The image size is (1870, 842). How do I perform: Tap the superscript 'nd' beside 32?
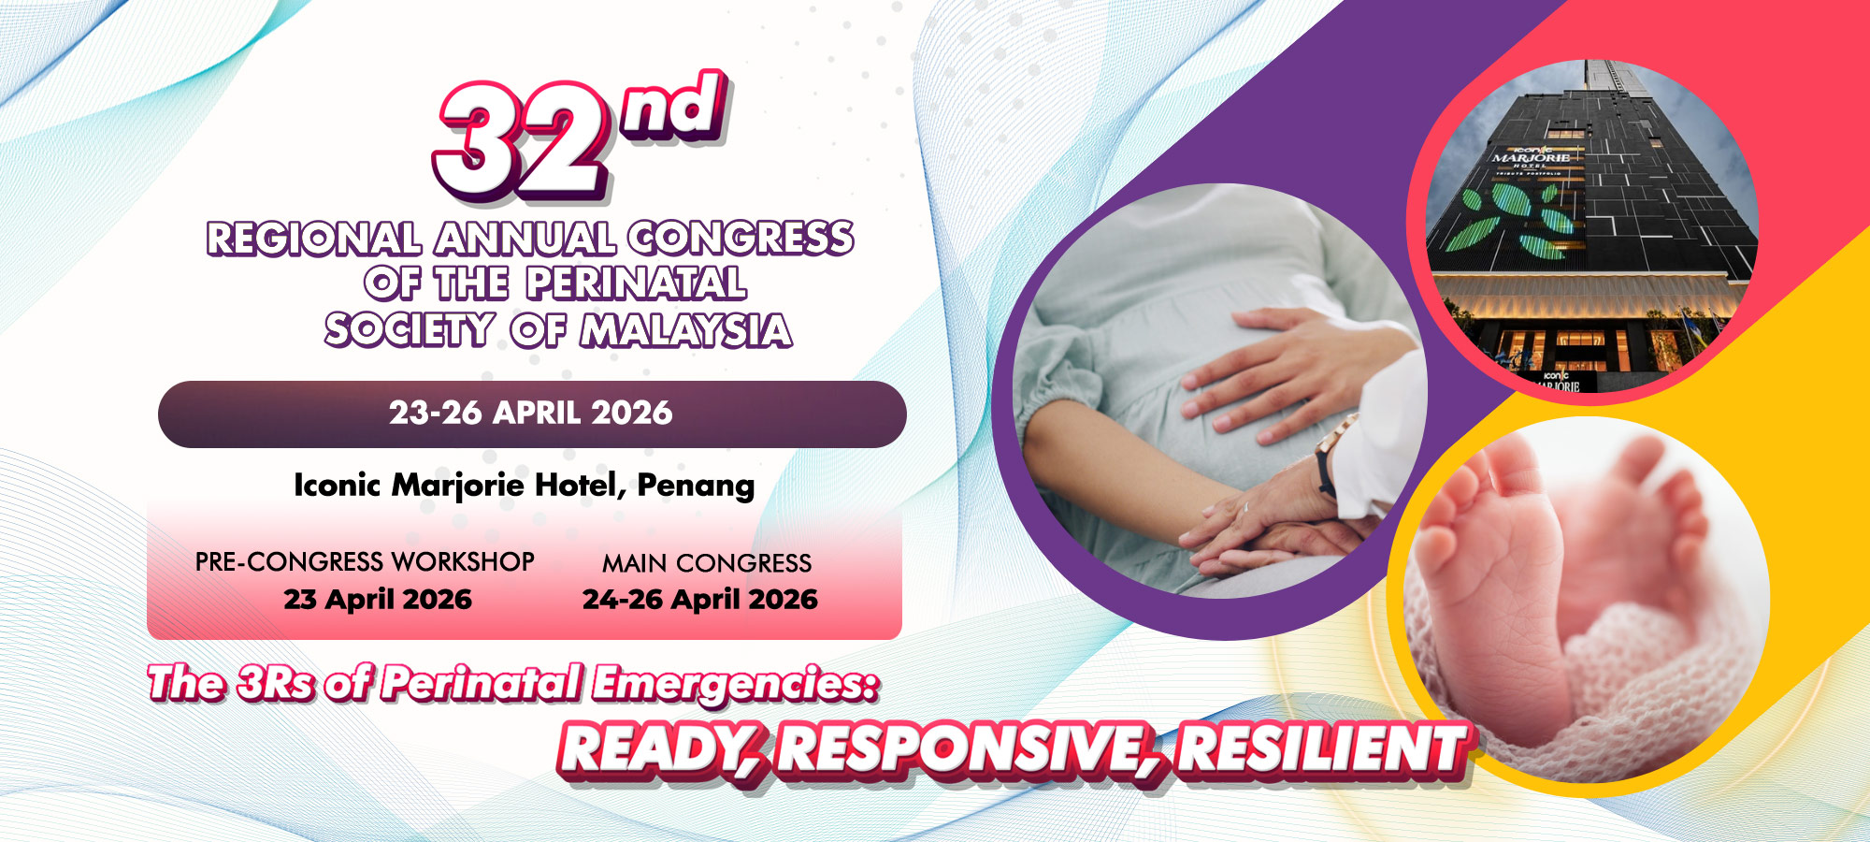[x=675, y=108]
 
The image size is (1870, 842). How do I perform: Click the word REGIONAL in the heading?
[x=313, y=239]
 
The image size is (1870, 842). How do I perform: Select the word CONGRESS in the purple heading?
[x=741, y=239]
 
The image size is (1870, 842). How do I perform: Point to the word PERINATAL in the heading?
[x=636, y=283]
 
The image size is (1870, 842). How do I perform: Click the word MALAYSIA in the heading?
[x=686, y=330]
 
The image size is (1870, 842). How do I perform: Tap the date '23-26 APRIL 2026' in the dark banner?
[x=531, y=413]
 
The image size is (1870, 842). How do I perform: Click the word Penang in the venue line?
[x=696, y=486]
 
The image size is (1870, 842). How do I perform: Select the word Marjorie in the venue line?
[x=457, y=486]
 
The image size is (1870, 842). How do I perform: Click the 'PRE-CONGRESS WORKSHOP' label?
[x=365, y=561]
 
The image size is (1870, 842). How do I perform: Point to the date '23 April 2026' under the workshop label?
[x=378, y=599]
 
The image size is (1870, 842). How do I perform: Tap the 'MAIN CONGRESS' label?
[x=707, y=563]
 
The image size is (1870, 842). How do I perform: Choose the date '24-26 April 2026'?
[x=700, y=599]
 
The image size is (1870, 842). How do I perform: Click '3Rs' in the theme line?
[x=277, y=683]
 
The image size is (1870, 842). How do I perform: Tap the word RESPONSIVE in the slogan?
[x=963, y=750]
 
